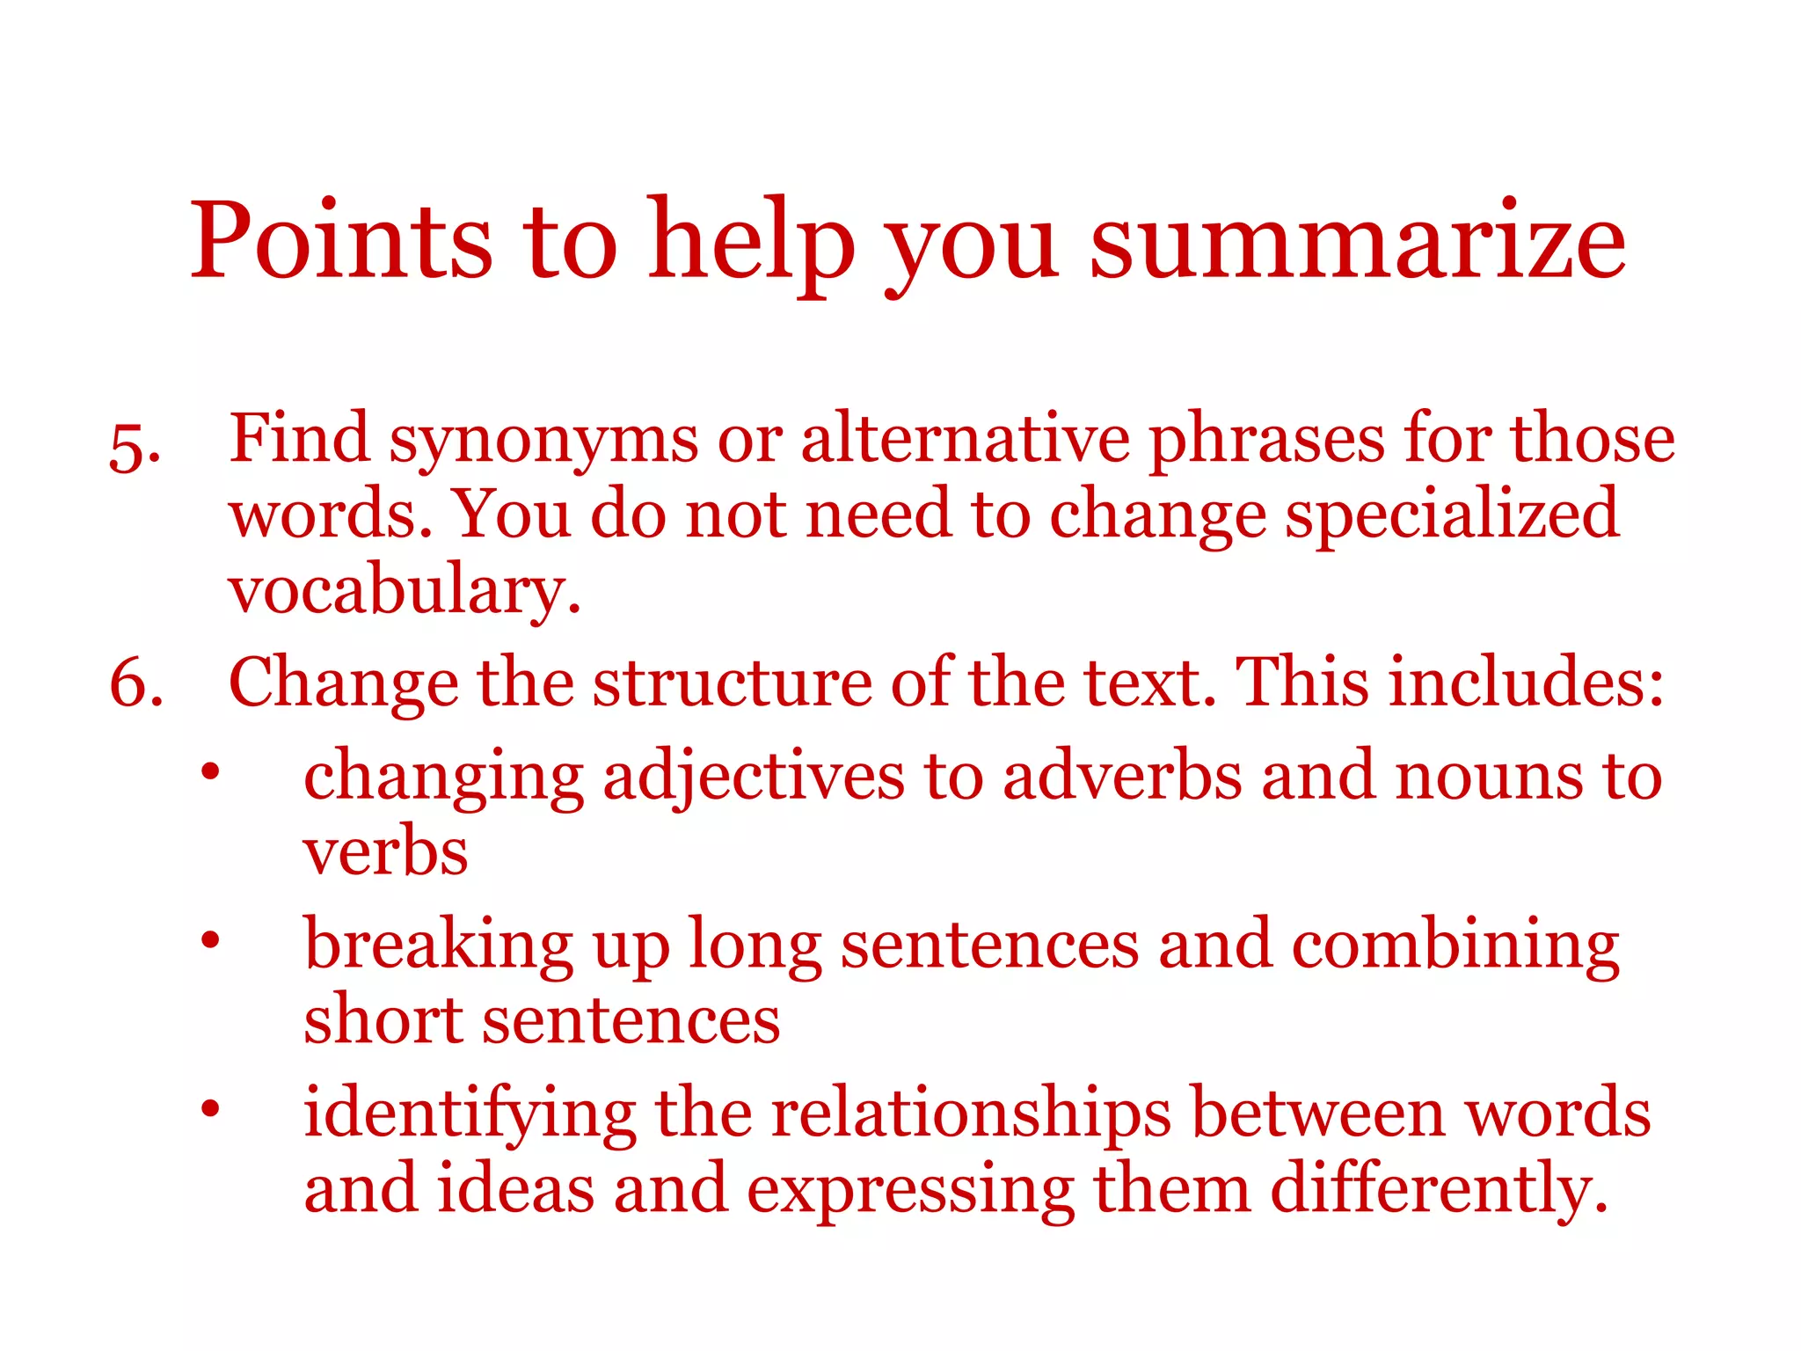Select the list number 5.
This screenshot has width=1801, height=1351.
point(134,449)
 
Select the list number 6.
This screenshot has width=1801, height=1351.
point(136,683)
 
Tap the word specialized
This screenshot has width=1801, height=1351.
point(1451,515)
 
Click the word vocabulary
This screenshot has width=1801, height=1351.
point(405,591)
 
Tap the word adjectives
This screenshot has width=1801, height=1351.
point(753,778)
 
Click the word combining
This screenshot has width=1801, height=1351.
point(1455,946)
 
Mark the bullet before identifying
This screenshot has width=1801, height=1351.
point(209,1108)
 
